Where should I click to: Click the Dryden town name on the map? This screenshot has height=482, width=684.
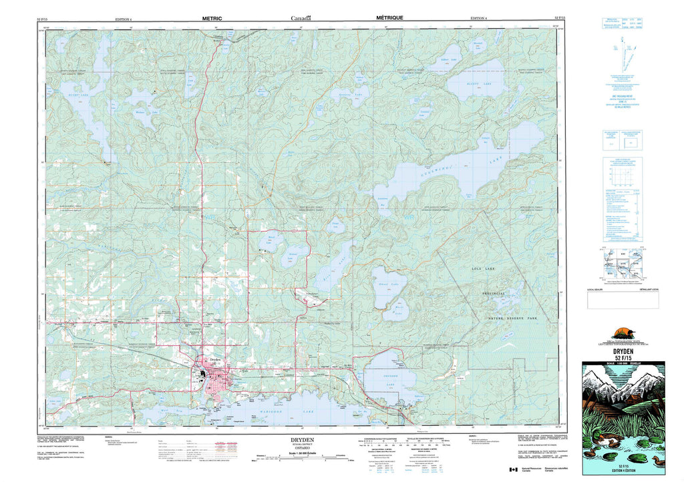coord(215,359)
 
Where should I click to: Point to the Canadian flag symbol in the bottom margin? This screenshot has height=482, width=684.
coord(513,470)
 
